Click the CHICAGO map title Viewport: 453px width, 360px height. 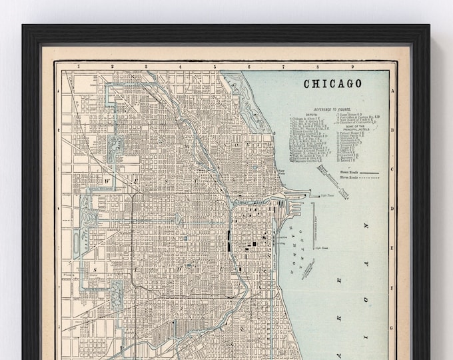coord(333,84)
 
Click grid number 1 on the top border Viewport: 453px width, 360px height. coord(78,67)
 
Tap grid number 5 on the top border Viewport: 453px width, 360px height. coord(215,67)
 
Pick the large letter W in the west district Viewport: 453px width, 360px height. coord(105,181)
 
